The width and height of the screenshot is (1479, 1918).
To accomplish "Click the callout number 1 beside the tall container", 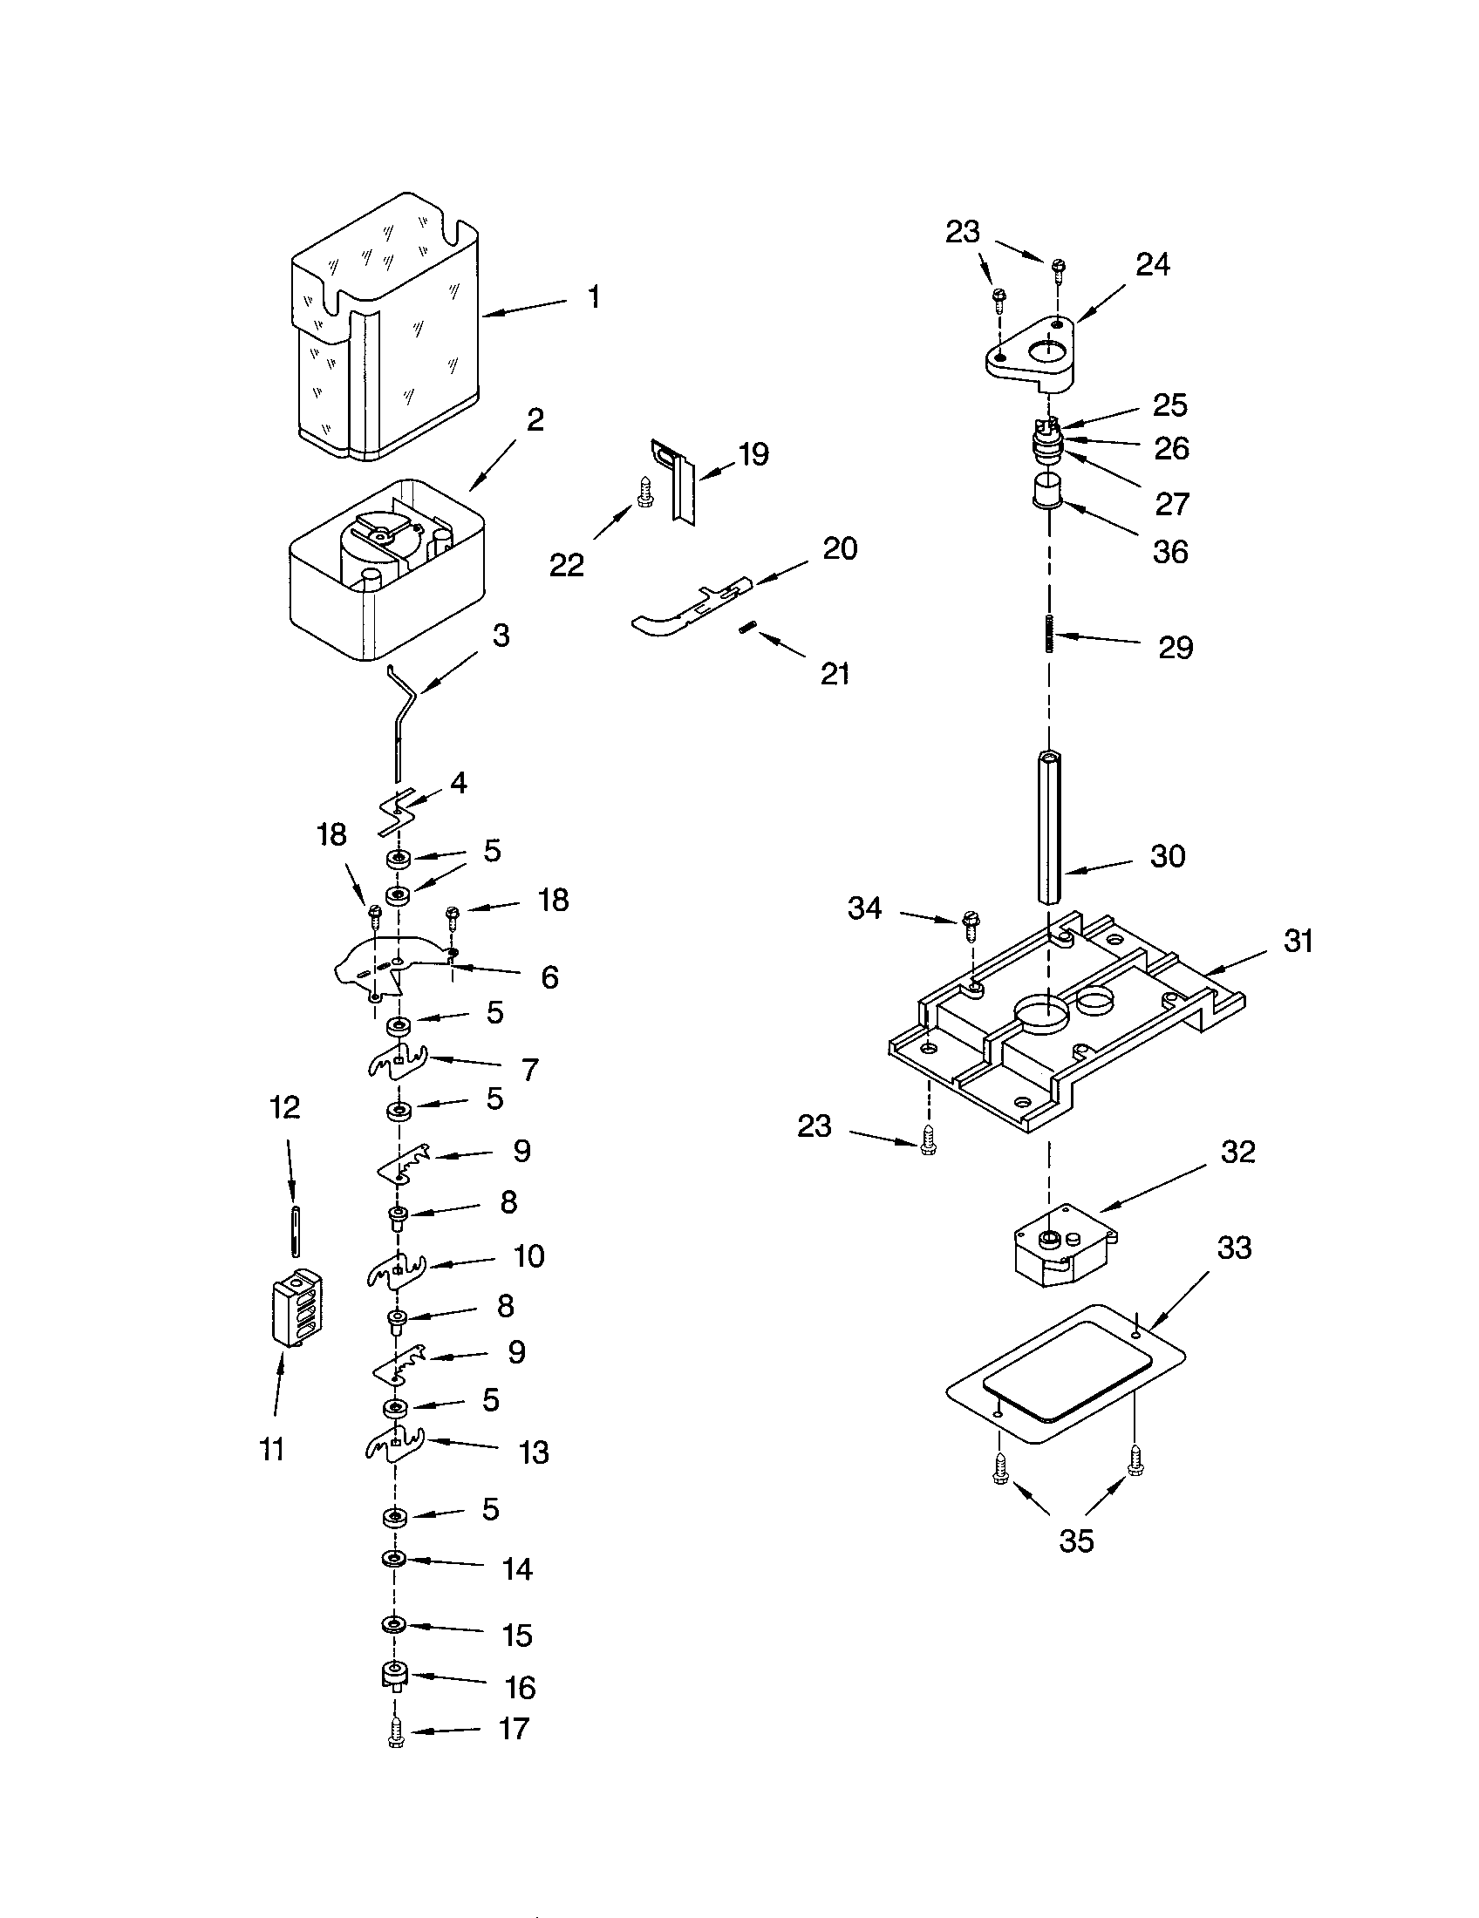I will (x=594, y=296).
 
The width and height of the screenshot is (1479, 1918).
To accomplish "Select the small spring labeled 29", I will (x=1048, y=635).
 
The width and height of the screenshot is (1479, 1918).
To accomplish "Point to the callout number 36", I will (x=1169, y=552).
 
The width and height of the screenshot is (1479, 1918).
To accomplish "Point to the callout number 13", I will (x=533, y=1452).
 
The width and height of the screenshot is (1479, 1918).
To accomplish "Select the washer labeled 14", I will (x=392, y=1559).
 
